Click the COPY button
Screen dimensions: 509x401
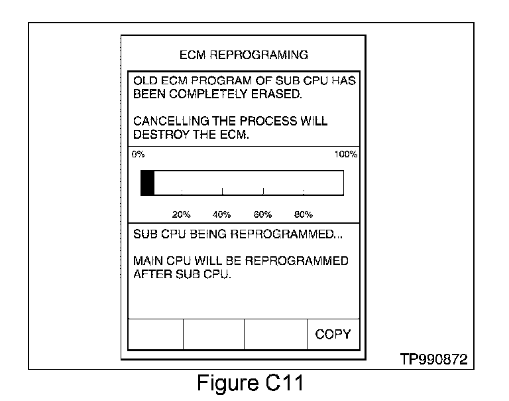tap(333, 334)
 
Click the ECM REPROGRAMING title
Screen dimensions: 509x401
tap(244, 54)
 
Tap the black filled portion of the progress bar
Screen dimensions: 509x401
tap(147, 183)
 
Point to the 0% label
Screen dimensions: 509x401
tap(138, 155)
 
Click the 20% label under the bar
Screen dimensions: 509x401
tap(181, 215)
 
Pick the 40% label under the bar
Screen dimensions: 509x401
tap(221, 215)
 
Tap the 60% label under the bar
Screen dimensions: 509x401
tap(262, 215)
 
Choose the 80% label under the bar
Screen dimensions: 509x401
tap(303, 215)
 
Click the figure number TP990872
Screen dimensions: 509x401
tap(433, 360)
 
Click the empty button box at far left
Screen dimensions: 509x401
tap(155, 334)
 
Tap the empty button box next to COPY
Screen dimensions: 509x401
tap(276, 334)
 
